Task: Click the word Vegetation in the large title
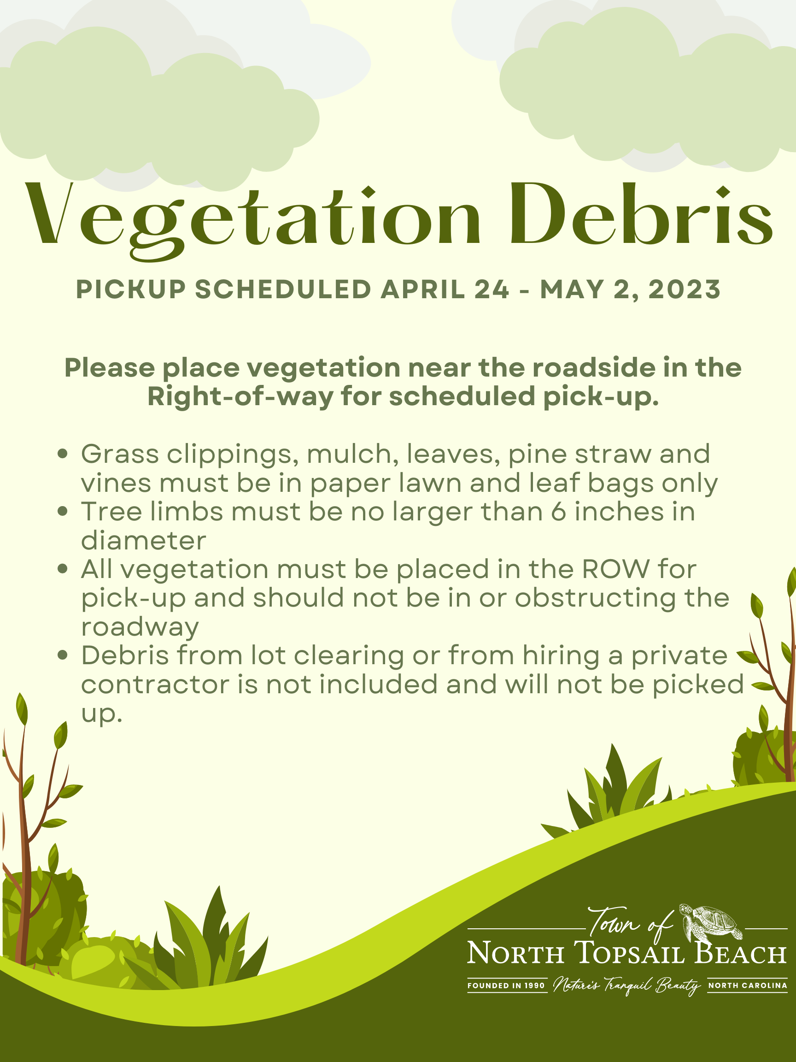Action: click(254, 218)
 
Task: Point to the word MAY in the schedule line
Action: click(570, 289)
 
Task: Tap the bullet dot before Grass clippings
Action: click(62, 454)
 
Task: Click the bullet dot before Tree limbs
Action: click(62, 512)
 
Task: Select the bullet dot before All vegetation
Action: click(62, 569)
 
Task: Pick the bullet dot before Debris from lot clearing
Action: click(62, 655)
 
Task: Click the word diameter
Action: click(143, 541)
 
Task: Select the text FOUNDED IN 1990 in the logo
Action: click(506, 985)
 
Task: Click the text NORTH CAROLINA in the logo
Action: click(748, 985)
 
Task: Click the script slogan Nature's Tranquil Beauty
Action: click(626, 985)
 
